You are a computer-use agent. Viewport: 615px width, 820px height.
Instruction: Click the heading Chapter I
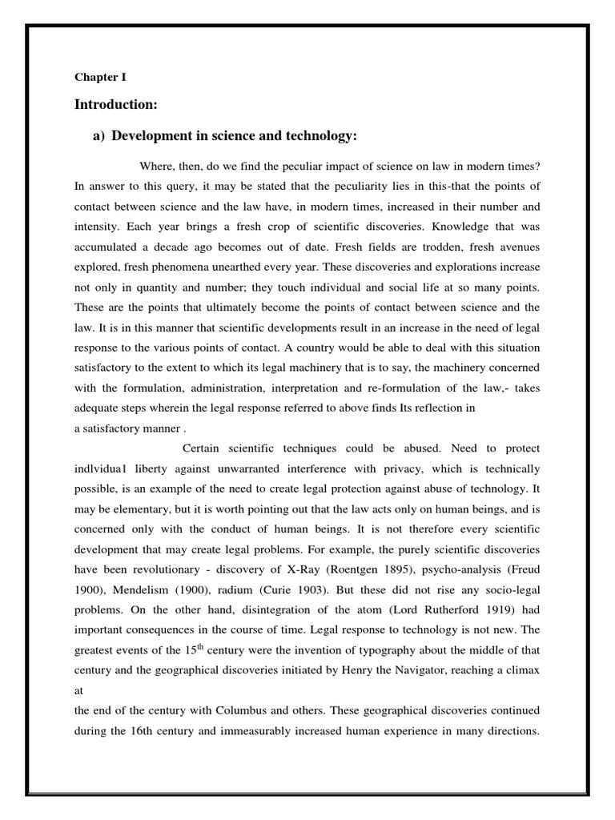100,78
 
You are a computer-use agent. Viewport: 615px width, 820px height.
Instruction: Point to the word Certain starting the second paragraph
205,448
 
